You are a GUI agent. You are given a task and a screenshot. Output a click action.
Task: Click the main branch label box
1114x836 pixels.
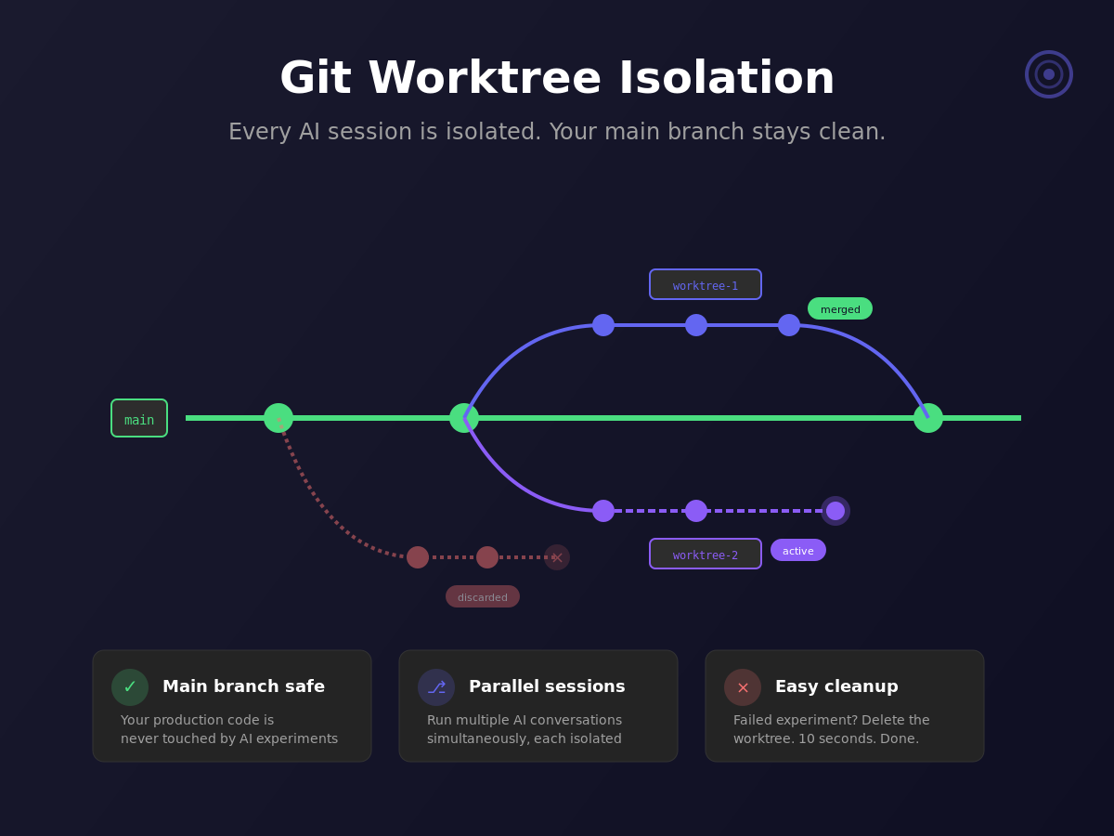[x=139, y=418]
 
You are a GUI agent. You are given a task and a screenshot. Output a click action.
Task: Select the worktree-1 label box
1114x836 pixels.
[x=706, y=284]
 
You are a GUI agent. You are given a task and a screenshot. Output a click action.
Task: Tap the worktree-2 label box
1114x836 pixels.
[x=706, y=554]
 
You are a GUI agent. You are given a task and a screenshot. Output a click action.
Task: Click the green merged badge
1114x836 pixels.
[x=840, y=308]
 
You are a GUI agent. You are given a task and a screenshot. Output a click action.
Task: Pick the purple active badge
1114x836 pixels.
[x=798, y=550]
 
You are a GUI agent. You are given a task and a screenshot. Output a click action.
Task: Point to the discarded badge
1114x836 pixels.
[x=483, y=596]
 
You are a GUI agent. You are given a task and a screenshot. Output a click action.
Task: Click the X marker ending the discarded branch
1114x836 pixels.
[x=557, y=557]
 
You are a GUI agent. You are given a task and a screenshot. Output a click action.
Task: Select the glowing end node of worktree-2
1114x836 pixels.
[x=835, y=511]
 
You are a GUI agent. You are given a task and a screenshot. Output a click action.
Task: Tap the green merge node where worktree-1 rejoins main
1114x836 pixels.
[x=928, y=418]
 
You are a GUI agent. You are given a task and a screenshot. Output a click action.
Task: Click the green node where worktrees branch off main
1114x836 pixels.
[x=464, y=418]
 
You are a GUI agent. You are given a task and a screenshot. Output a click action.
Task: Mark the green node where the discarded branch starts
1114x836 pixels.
[x=278, y=418]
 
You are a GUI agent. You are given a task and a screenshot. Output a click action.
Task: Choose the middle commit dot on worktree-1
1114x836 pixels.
[x=696, y=325]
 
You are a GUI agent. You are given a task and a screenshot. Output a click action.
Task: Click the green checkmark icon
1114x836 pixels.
[x=130, y=687]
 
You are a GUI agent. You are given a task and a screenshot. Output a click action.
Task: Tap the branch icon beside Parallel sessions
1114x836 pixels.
[x=436, y=687]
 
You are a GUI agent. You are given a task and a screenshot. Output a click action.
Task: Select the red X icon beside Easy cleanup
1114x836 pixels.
[x=743, y=687]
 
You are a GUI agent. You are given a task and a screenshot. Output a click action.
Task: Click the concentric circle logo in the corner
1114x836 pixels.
[x=1049, y=74]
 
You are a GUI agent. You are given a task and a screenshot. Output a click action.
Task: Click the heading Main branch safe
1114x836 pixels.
[x=243, y=686]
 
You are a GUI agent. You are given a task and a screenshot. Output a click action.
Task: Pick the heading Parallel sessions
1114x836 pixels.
[x=547, y=686]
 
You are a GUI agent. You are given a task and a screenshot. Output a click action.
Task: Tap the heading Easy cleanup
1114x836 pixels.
[x=836, y=686]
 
